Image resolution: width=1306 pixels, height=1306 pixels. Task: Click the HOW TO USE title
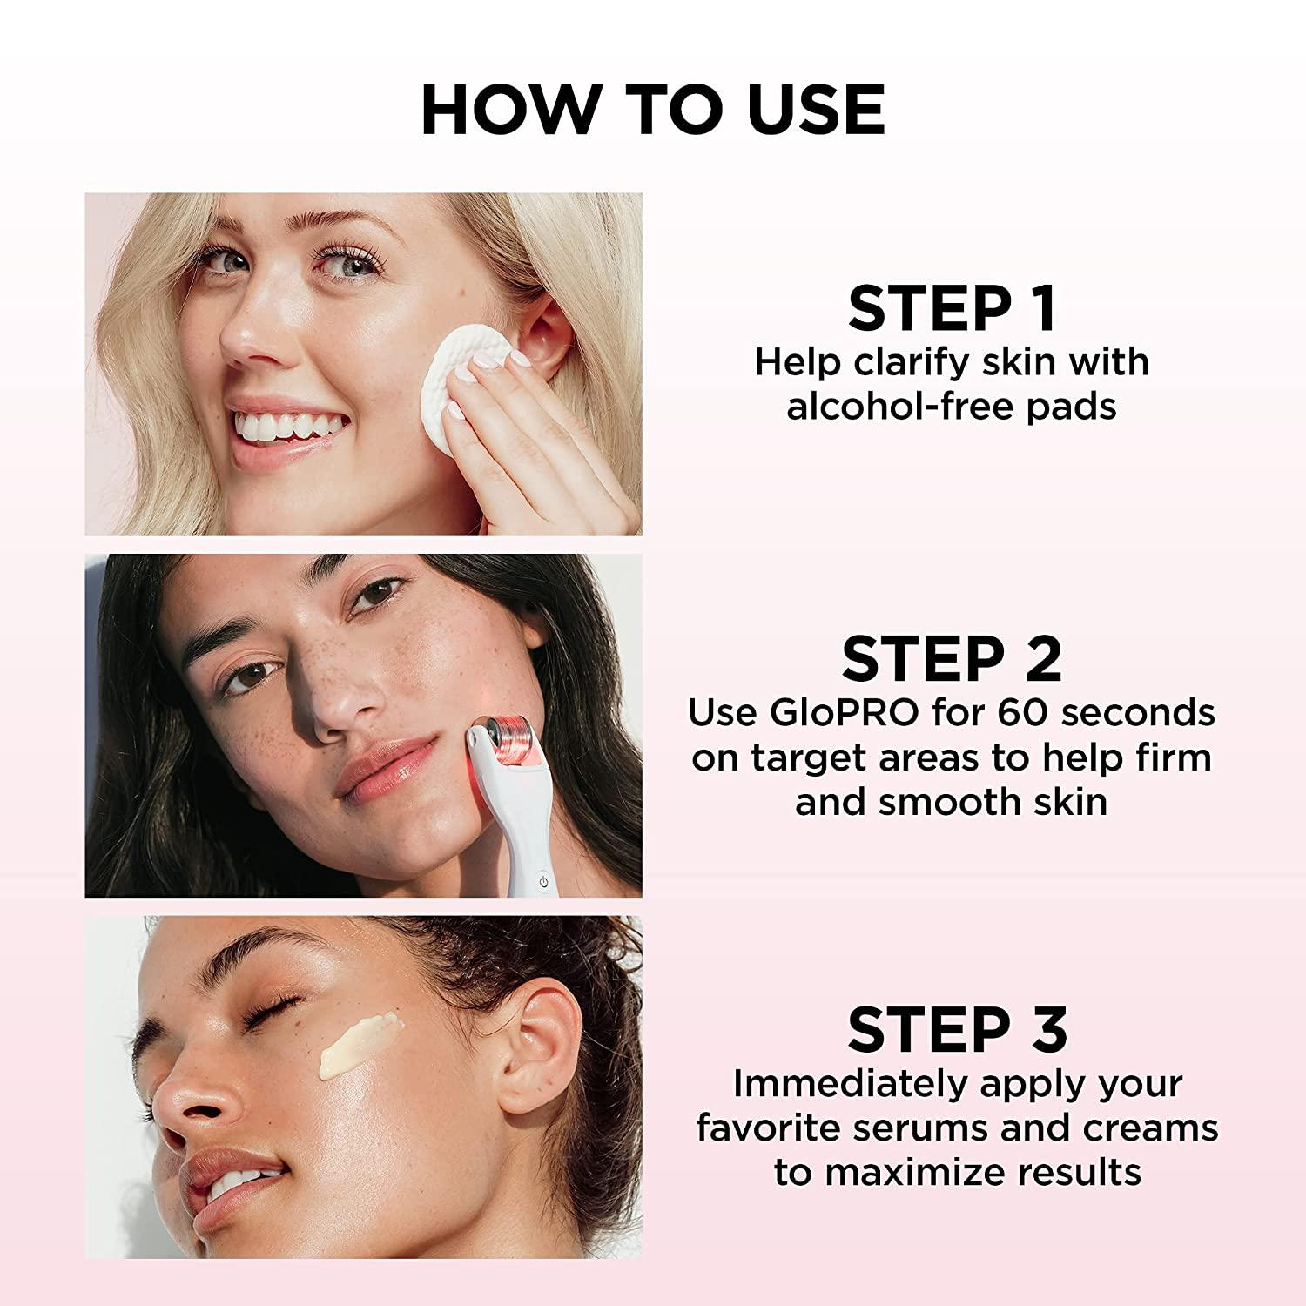(653, 111)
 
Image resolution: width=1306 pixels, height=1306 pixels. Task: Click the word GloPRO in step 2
(844, 713)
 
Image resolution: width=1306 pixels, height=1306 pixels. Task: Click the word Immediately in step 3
(851, 1084)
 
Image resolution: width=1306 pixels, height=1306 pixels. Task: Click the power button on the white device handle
(543, 881)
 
